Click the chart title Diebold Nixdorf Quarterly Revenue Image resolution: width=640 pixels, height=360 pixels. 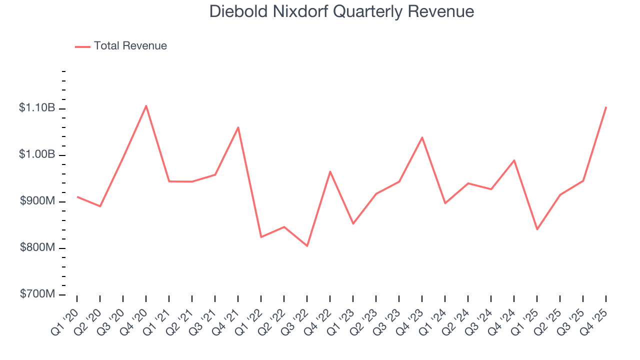[341, 11]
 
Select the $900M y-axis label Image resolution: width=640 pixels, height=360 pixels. [37, 201]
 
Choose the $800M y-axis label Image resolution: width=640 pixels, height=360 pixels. [37, 248]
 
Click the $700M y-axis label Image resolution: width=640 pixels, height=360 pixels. [37, 294]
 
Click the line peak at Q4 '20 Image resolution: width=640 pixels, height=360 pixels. [146, 105]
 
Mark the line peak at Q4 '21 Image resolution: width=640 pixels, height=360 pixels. [238, 127]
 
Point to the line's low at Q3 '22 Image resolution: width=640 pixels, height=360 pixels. [307, 246]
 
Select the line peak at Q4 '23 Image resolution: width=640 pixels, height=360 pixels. [422, 137]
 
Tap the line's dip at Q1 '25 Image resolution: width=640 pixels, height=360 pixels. [537, 229]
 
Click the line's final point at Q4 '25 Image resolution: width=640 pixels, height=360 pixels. [606, 107]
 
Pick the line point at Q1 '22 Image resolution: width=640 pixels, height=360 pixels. [261, 237]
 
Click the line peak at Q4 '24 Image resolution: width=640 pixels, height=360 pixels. [514, 160]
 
